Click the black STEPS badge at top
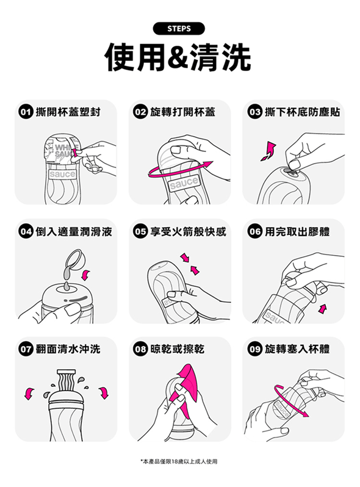pos(179,29)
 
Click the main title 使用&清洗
pos(178,57)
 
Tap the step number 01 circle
pos(26,112)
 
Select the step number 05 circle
pos(140,231)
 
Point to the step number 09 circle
pos(254,349)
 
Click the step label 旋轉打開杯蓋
pos(182,112)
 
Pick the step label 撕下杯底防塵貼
pos(302,112)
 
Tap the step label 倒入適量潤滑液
pos(74,231)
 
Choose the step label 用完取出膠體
pos(297,231)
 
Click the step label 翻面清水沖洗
pos(68,349)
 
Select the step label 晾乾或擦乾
pos(177,349)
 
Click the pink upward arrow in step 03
pos(268,151)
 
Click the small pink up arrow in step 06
pos(322,309)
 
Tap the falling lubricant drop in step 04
pos(67,286)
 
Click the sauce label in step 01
pos(62,175)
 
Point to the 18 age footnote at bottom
pos(179,461)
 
